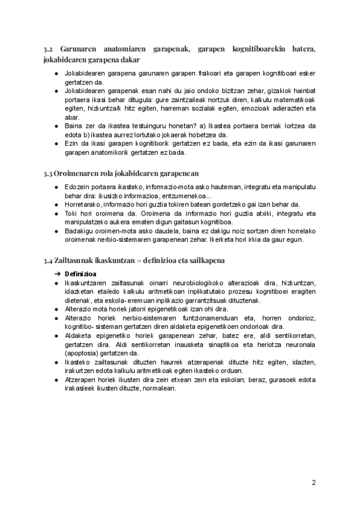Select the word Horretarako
(83, 204)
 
